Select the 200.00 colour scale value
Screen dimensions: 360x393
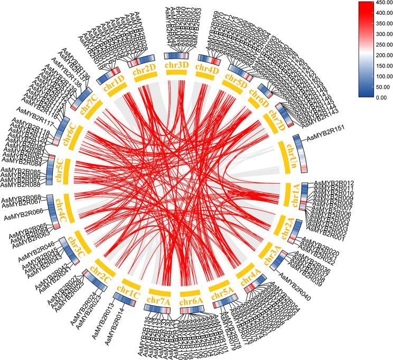pyautogui.click(x=375, y=55)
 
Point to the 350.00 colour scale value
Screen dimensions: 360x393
pyautogui.click(x=375, y=24)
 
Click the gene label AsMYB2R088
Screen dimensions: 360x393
pyautogui.click(x=24, y=185)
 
